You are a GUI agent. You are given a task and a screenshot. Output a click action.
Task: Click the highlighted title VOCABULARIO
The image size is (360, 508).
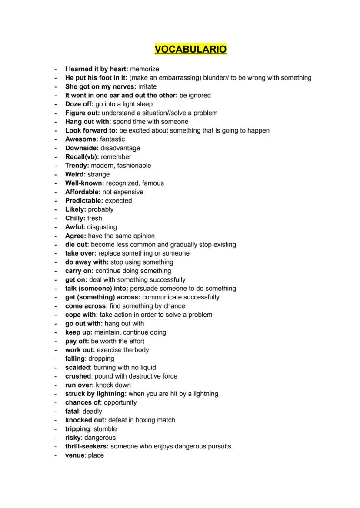click(190, 49)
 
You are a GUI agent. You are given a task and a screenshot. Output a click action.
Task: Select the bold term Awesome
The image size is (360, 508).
click(81, 139)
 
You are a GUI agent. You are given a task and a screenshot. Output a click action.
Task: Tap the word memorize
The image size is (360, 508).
click(144, 69)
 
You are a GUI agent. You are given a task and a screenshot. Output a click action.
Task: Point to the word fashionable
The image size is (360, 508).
click(134, 166)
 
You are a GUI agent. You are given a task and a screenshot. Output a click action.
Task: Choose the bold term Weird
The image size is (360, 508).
click(75, 174)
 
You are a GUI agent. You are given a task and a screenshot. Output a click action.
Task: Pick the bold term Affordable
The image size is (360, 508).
click(82, 192)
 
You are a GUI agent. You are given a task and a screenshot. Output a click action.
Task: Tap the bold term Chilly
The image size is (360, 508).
click(75, 218)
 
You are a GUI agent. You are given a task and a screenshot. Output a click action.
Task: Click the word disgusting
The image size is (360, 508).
click(102, 227)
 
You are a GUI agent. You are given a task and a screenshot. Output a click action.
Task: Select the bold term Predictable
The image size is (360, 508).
click(84, 201)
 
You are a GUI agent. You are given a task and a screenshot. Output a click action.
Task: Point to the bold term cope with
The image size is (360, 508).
click(81, 315)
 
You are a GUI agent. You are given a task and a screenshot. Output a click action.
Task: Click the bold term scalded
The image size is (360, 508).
click(77, 367)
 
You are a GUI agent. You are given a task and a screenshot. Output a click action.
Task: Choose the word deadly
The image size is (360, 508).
click(92, 411)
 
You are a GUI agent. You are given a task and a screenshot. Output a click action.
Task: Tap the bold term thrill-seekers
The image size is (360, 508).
click(87, 446)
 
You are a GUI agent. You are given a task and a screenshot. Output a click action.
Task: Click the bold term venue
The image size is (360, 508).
click(74, 455)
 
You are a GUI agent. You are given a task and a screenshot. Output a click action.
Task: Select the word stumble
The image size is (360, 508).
click(105, 429)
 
